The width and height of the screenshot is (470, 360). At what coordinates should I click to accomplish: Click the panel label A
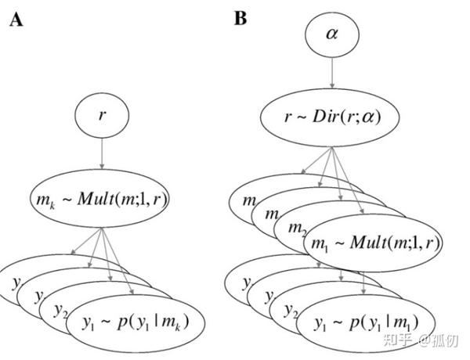point(15,20)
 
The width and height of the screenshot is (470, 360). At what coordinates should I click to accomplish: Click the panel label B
point(240,17)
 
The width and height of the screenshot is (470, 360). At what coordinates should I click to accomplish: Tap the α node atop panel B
point(331,34)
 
